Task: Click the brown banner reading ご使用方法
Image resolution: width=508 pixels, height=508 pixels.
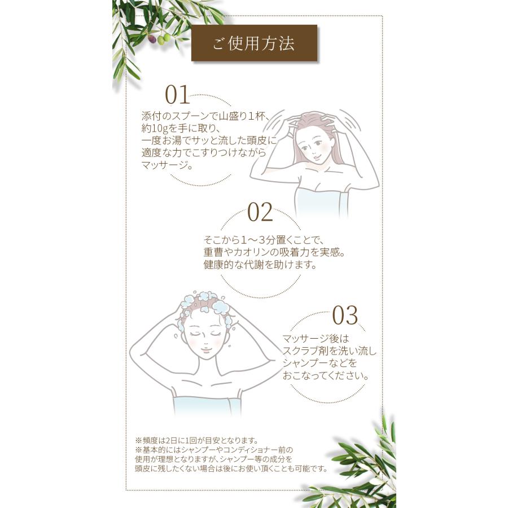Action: click(254, 44)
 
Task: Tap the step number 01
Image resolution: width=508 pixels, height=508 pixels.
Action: click(177, 95)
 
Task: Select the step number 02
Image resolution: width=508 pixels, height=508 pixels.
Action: click(260, 212)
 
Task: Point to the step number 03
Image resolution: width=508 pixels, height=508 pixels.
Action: click(345, 316)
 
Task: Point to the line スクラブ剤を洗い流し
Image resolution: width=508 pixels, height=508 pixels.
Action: click(330, 351)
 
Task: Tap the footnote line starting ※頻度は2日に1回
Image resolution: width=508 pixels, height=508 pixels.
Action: click(196, 440)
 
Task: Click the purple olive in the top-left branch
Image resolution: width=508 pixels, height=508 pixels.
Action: click(152, 39)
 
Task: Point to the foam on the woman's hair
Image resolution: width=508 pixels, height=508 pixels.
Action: click(207, 303)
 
